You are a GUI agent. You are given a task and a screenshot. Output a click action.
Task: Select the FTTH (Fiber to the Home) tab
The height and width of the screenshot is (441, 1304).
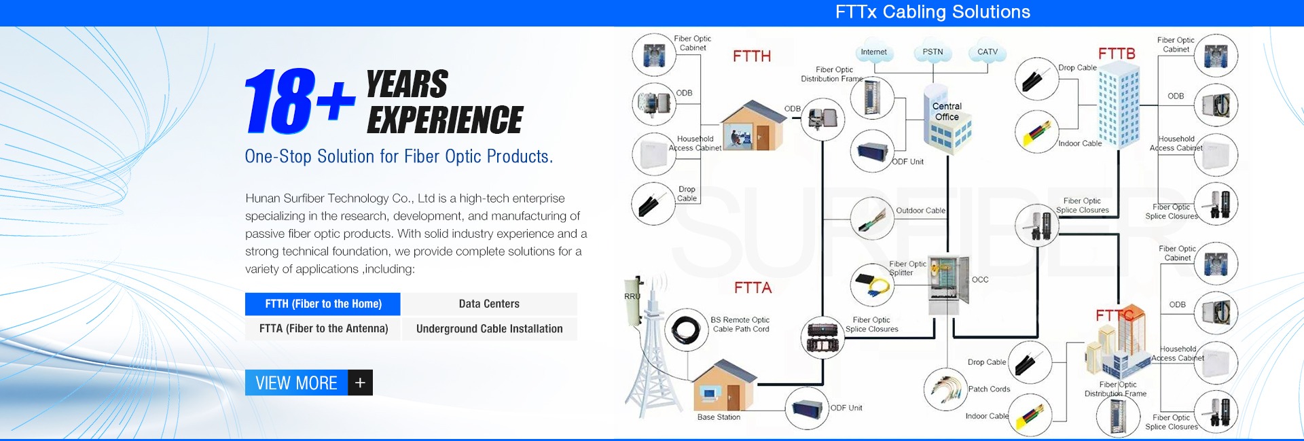pyautogui.click(x=323, y=304)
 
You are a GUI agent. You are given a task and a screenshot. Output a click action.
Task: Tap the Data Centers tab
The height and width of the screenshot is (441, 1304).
pyautogui.click(x=489, y=304)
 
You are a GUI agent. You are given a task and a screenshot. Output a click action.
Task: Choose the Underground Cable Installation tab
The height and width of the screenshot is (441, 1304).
pyautogui.click(x=489, y=329)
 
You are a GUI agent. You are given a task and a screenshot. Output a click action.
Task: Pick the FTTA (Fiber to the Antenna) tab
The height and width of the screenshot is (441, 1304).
pyautogui.click(x=323, y=329)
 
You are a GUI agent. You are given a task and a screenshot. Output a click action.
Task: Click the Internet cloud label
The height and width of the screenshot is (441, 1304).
pyautogui.click(x=873, y=52)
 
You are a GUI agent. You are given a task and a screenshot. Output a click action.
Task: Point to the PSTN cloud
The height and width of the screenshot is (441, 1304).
pyautogui.click(x=932, y=52)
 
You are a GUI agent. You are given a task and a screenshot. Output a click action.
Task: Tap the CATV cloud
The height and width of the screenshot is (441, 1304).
pyautogui.click(x=988, y=52)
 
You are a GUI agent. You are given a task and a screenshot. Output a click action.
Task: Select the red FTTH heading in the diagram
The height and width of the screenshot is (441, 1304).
pyautogui.click(x=751, y=56)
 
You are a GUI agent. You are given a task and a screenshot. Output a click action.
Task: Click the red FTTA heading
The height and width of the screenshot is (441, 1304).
pyautogui.click(x=753, y=288)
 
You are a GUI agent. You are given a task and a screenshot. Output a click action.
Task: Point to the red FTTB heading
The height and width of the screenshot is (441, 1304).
pyautogui.click(x=1117, y=54)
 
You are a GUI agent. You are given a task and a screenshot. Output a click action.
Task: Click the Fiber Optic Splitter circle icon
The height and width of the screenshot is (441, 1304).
pyautogui.click(x=871, y=285)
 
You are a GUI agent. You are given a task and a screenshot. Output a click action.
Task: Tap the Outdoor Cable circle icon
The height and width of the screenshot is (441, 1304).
pyautogui.click(x=871, y=218)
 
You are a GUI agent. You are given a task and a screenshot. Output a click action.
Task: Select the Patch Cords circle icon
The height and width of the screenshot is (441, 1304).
pyautogui.click(x=945, y=389)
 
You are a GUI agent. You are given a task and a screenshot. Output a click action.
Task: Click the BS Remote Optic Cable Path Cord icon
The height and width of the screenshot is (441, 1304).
pyautogui.click(x=685, y=330)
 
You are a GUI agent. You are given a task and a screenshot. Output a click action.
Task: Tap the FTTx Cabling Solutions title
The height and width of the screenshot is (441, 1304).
pyautogui.click(x=932, y=12)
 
